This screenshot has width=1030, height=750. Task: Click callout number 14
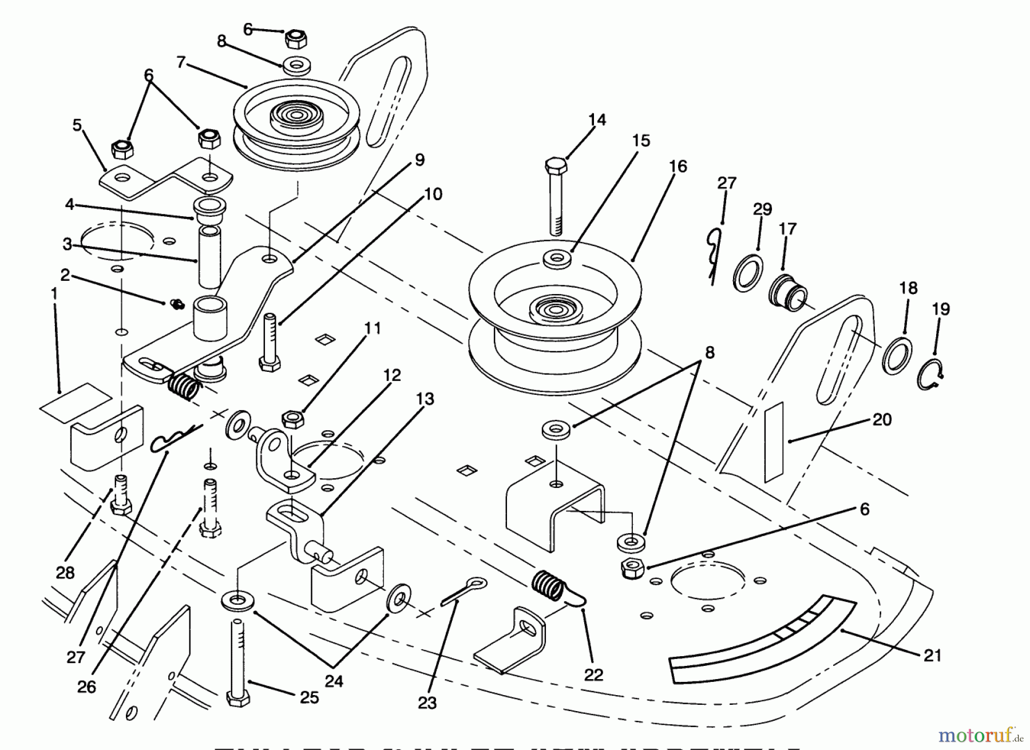click(597, 120)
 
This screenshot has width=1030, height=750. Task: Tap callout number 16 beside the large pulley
click(677, 166)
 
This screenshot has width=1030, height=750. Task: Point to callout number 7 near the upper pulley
click(181, 62)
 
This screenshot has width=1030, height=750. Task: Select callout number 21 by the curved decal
click(933, 655)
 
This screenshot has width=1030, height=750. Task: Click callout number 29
click(762, 209)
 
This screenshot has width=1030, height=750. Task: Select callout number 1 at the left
click(54, 293)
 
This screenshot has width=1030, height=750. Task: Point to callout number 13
click(425, 399)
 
